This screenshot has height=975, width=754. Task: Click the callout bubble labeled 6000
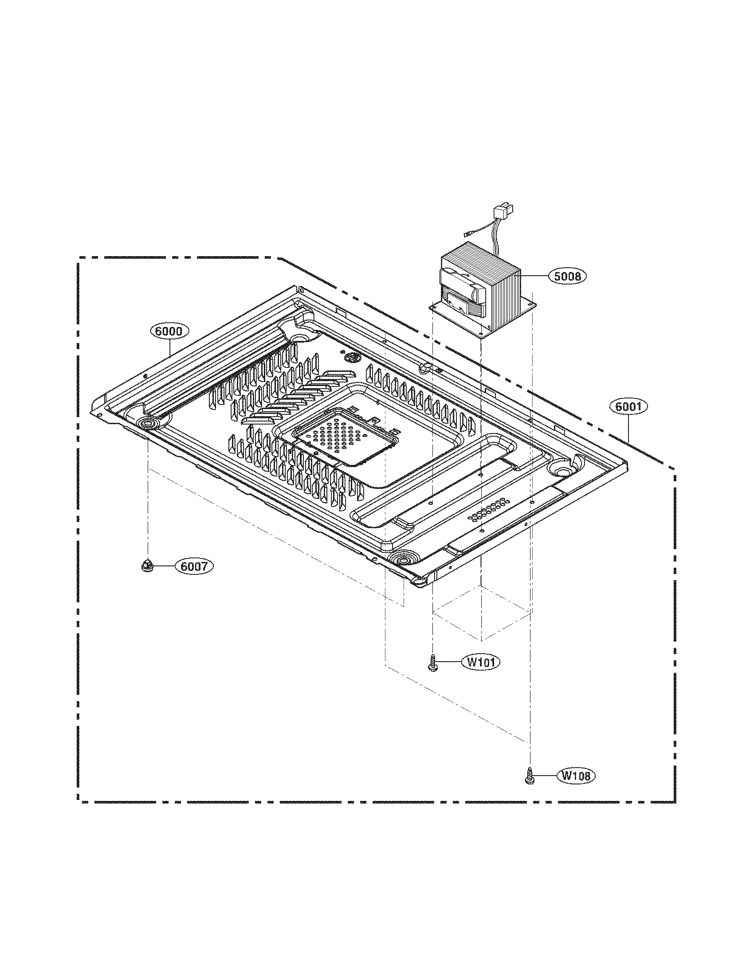pos(169,331)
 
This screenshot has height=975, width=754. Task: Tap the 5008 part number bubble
pos(567,277)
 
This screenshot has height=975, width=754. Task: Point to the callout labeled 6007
pos(194,566)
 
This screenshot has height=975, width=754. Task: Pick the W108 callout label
pos(576,776)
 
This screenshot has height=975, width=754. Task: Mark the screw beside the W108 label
pos(529,776)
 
